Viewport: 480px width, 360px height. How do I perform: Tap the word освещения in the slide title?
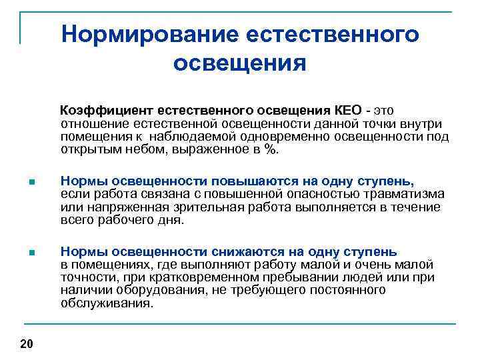click(240, 64)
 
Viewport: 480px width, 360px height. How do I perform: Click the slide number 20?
click(27, 343)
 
